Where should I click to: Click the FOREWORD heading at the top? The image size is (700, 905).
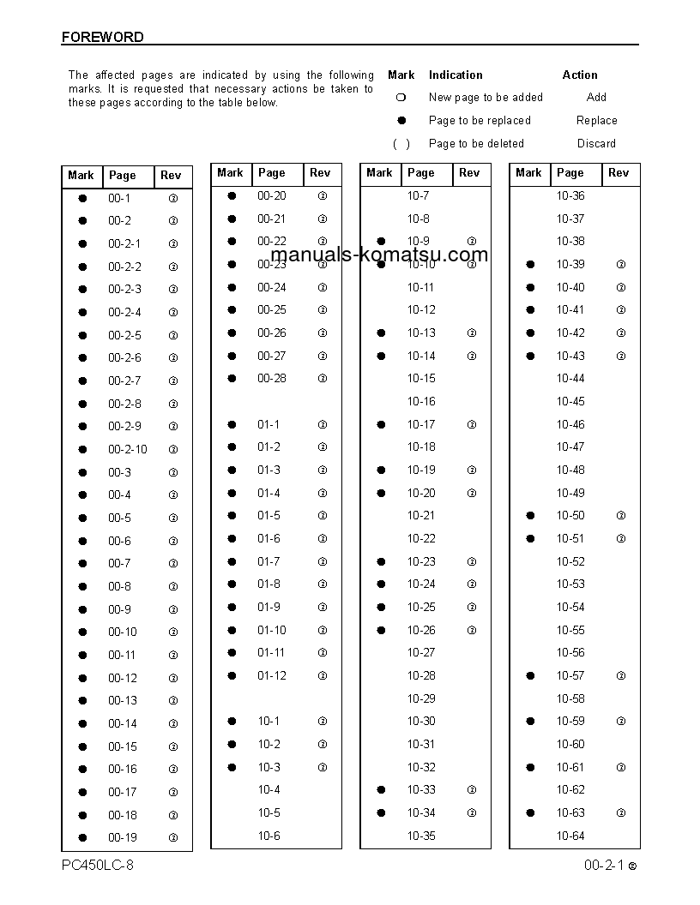(x=102, y=37)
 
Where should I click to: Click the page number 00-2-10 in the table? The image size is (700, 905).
(x=127, y=449)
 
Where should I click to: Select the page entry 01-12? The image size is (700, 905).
(x=272, y=675)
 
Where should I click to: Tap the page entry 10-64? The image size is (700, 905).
(x=570, y=836)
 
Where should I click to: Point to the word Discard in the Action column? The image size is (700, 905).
(x=596, y=143)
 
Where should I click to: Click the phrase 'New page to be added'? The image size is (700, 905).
(x=486, y=97)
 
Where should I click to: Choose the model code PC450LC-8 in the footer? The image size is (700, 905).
(x=98, y=865)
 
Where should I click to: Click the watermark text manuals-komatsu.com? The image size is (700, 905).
(x=379, y=254)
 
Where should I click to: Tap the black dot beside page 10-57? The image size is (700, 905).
(x=530, y=675)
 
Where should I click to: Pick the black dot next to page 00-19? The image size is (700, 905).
(x=82, y=837)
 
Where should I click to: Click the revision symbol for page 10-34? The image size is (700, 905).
(x=472, y=812)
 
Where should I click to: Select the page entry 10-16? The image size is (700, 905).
(x=420, y=401)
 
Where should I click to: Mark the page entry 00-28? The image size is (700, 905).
(x=272, y=378)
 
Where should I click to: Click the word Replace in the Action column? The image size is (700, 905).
(x=596, y=120)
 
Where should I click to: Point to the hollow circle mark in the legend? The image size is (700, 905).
(x=401, y=97)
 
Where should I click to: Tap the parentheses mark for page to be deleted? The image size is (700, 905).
(x=401, y=143)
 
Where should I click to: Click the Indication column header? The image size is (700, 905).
(x=456, y=75)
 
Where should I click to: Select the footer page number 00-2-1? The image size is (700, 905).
(x=603, y=865)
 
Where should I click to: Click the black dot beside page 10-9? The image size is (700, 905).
(x=381, y=241)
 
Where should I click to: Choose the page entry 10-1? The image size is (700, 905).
(x=269, y=721)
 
